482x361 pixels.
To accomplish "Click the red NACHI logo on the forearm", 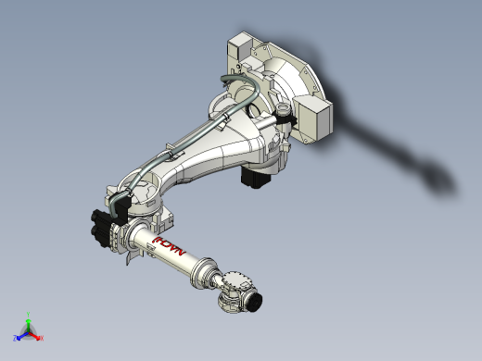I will coord(170,246).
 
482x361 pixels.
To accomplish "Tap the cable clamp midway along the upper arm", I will coord(170,154).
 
